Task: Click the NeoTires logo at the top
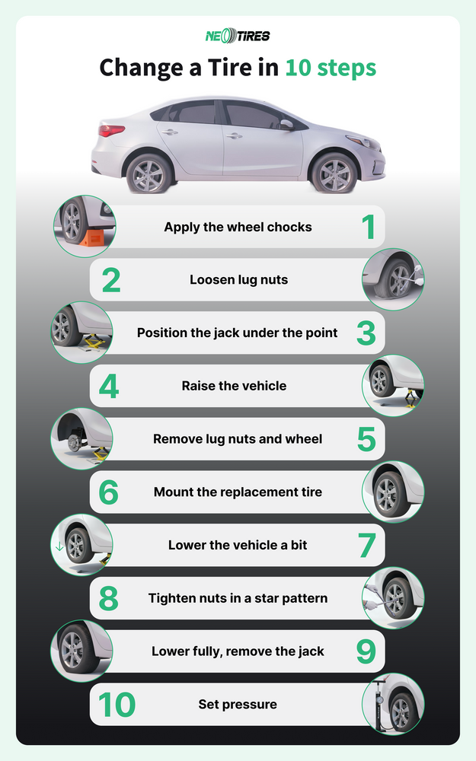point(238,36)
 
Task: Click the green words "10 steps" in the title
point(331,68)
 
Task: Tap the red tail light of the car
point(111,130)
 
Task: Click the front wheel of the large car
point(334,174)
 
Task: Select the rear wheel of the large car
point(149,174)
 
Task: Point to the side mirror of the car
point(286,125)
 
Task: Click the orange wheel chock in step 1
point(92,237)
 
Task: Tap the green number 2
point(111,280)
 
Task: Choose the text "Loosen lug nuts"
point(239,279)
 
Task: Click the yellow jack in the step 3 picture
point(92,342)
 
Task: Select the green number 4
point(109,387)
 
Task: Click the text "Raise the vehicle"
point(234,386)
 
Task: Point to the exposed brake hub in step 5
point(74,442)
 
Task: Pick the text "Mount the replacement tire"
point(238,492)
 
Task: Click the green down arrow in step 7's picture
point(59,546)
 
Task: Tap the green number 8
point(108,598)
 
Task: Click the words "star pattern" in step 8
point(292,598)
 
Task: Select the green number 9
point(366,652)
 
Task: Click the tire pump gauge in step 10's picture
point(379,700)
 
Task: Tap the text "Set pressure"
point(238,704)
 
